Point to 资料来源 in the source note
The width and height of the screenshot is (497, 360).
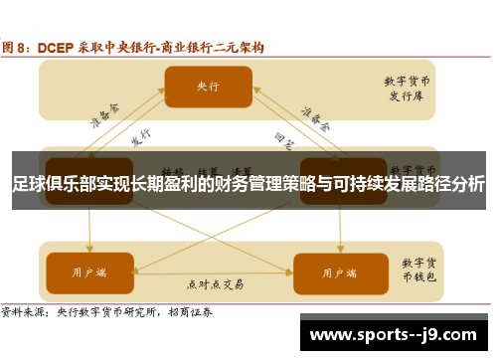click(x=23, y=311)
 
